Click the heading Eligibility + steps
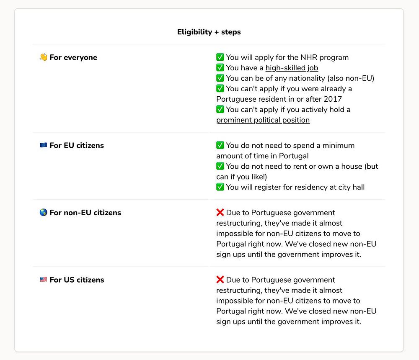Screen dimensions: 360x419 pyautogui.click(x=209, y=32)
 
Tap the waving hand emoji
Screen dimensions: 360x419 pyautogui.click(x=44, y=57)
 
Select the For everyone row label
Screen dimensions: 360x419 pyautogui.click(x=73, y=57)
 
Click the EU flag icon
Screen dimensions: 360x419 pyautogui.click(x=44, y=145)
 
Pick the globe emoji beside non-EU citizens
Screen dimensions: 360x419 pyautogui.click(x=44, y=213)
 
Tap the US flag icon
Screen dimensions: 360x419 pyautogui.click(x=44, y=280)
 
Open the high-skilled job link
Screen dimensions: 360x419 pyautogui.click(x=292, y=68)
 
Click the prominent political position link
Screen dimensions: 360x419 pyautogui.click(x=263, y=120)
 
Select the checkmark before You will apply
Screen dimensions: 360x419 pyautogui.click(x=220, y=57)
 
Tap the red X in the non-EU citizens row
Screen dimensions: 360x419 pyautogui.click(x=220, y=213)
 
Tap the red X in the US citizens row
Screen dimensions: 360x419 pyautogui.click(x=220, y=280)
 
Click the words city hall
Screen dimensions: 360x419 pyautogui.click(x=350, y=187)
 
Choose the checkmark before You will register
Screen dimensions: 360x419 pyautogui.click(x=220, y=187)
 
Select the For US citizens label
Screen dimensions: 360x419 pyautogui.click(x=77, y=280)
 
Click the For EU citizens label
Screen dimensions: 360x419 pyautogui.click(x=77, y=145)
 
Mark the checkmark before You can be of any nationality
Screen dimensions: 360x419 pyautogui.click(x=220, y=78)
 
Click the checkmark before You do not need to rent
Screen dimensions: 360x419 pyautogui.click(x=220, y=166)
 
